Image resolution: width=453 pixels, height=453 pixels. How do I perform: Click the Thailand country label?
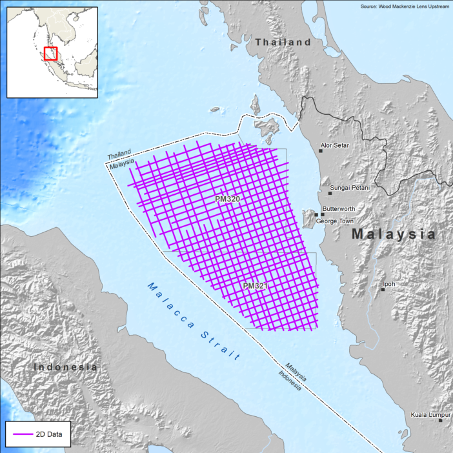(283, 42)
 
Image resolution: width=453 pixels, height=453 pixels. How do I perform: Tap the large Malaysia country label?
(394, 235)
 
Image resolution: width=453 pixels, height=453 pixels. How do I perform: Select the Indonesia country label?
(65, 367)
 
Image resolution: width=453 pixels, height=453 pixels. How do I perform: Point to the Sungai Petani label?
(350, 188)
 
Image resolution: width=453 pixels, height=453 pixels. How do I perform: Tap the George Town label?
(334, 221)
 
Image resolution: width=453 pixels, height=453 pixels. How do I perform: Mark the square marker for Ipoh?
(382, 288)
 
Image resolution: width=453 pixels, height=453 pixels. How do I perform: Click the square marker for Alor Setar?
(320, 151)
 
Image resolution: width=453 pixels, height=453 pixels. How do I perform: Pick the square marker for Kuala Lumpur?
(441, 420)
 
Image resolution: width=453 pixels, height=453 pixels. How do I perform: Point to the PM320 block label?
(227, 199)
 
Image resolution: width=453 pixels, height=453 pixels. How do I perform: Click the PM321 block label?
(256, 285)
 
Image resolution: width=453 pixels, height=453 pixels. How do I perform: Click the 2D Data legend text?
(49, 435)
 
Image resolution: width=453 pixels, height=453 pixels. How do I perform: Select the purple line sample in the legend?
(21, 435)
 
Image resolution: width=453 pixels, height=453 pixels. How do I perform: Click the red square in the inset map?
(50, 54)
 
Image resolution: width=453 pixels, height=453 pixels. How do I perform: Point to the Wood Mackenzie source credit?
(404, 6)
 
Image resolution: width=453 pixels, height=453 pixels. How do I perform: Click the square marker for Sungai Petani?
(330, 193)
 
